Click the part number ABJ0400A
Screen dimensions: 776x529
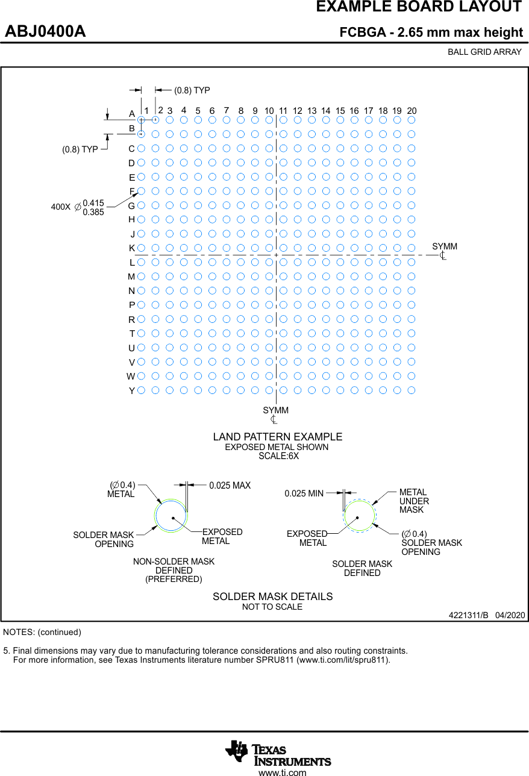tap(45, 31)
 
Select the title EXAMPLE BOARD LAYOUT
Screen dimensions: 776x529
tap(419, 7)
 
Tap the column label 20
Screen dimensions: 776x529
tap(412, 111)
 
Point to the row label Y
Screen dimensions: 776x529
tap(132, 391)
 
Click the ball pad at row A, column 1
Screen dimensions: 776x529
tap(141, 119)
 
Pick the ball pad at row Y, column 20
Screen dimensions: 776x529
tap(412, 390)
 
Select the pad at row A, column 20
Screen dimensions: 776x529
tap(412, 119)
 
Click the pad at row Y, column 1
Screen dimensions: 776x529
tap(141, 390)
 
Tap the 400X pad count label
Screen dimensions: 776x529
tap(61, 207)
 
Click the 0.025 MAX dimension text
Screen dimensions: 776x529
tap(230, 486)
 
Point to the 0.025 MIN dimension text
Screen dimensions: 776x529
tap(304, 493)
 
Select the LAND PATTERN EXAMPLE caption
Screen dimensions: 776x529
tap(277, 437)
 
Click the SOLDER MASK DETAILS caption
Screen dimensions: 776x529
tap(272, 596)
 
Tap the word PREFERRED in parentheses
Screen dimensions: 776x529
tap(174, 579)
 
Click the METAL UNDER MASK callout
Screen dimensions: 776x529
tap(414, 501)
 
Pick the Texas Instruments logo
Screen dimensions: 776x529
tap(278, 753)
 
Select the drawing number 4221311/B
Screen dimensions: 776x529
tap(468, 615)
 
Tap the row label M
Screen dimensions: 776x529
tap(131, 277)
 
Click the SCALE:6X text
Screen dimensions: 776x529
tap(278, 456)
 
